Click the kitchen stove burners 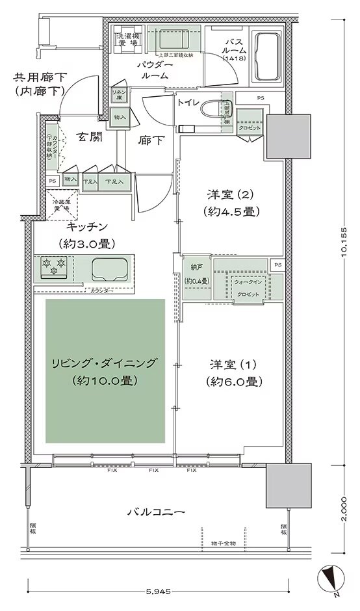coord(54,266)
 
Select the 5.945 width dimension coord(159,591)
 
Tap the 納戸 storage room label coord(196,274)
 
